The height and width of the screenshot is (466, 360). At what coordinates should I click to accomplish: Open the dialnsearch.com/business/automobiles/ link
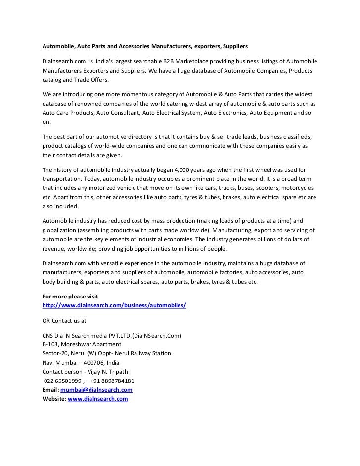point(114,305)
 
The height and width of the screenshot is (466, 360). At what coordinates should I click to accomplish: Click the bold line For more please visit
point(67,297)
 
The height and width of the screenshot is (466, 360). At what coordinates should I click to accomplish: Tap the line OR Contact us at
point(64,320)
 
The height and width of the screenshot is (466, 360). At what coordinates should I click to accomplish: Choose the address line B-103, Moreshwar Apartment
point(82,344)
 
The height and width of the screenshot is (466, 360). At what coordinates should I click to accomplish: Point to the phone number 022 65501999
point(62,381)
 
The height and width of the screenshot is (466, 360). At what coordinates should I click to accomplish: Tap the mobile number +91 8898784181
point(112,381)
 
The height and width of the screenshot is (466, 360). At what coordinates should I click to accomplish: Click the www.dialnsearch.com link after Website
point(98,399)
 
